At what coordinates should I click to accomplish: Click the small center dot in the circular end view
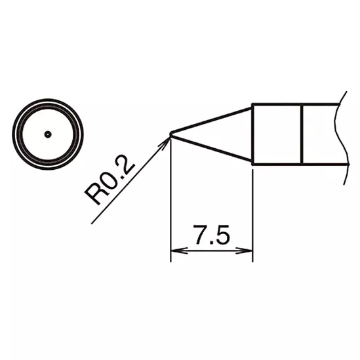click(48, 134)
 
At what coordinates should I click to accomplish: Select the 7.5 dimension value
click(211, 235)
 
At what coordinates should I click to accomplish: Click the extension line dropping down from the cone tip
click(170, 197)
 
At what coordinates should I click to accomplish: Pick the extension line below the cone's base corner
click(252, 210)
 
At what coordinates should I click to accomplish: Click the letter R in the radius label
click(99, 195)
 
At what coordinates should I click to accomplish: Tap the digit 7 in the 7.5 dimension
click(200, 235)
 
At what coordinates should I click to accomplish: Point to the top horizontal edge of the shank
click(295, 105)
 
